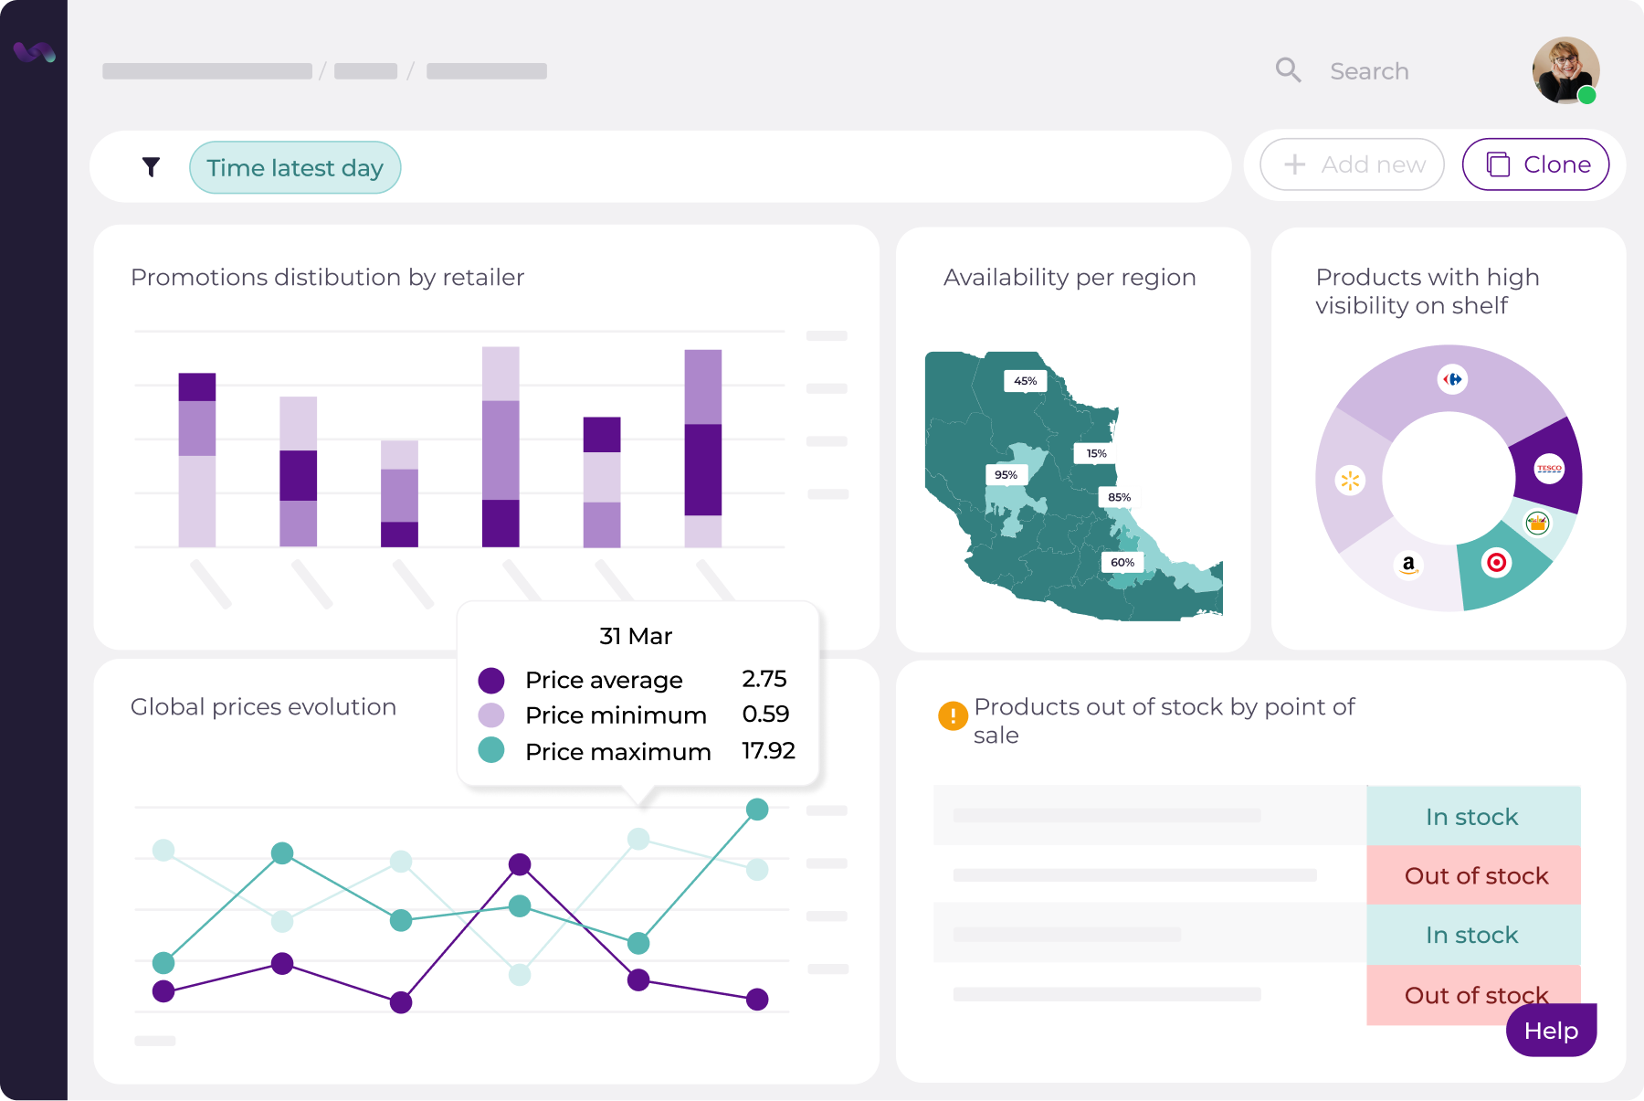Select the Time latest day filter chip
click(x=295, y=168)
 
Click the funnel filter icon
click(x=152, y=166)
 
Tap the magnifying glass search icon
click(x=1288, y=70)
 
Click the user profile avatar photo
click(x=1565, y=70)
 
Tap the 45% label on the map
click(x=1025, y=381)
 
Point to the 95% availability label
click(x=1006, y=475)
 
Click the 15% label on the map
click(x=1096, y=453)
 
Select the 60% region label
click(x=1122, y=563)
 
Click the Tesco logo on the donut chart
click(x=1549, y=469)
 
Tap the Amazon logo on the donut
click(x=1408, y=565)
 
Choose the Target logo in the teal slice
click(x=1496, y=562)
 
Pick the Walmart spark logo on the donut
click(x=1350, y=480)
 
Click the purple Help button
click(x=1551, y=1031)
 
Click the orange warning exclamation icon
click(x=953, y=715)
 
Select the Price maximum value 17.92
click(x=768, y=751)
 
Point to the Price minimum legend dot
click(x=491, y=715)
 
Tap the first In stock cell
click(x=1472, y=817)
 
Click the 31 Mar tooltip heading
click(x=636, y=636)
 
